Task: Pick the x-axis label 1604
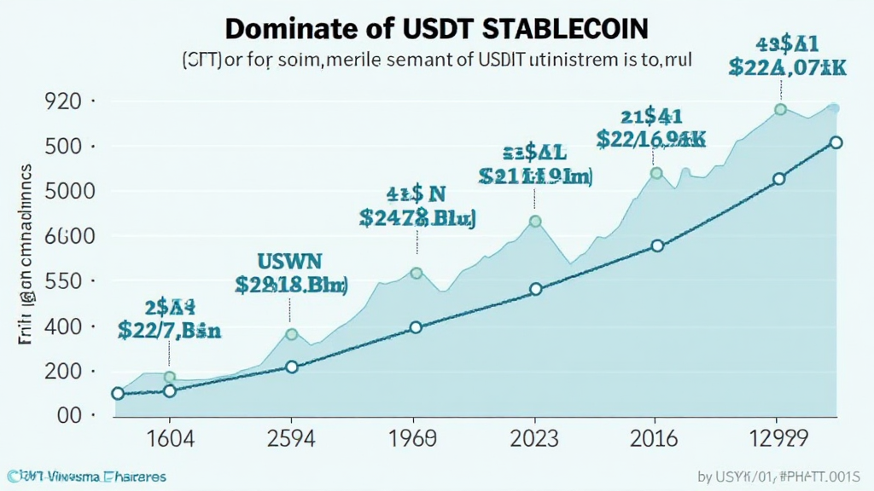(x=170, y=440)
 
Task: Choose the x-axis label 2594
(x=291, y=440)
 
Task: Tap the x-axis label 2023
(x=535, y=440)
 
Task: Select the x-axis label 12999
(x=777, y=440)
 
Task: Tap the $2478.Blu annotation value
(x=417, y=217)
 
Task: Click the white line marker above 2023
(x=535, y=289)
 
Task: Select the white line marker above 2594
(x=291, y=367)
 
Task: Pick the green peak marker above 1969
(x=417, y=274)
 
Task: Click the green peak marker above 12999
(x=779, y=109)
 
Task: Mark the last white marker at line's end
(x=836, y=142)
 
